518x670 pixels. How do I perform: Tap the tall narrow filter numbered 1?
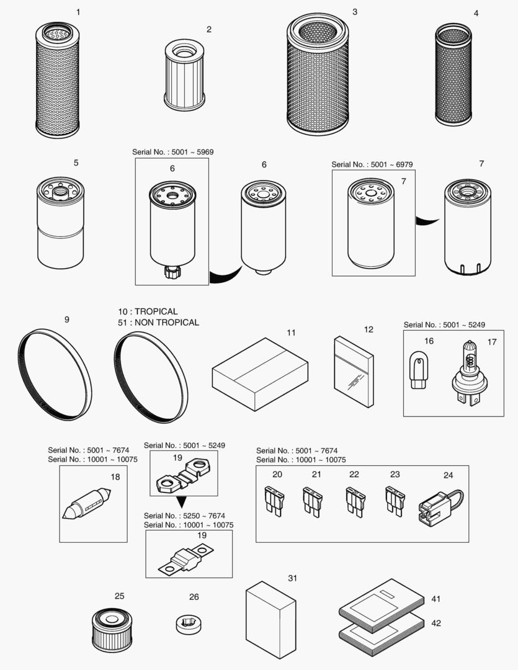(x=58, y=81)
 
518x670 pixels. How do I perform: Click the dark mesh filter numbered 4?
(x=453, y=75)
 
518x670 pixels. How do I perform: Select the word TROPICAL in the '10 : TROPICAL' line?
(x=156, y=311)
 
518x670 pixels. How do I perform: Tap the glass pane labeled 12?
(x=354, y=372)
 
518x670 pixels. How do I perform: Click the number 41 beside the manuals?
(x=435, y=599)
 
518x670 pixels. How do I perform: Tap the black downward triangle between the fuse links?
(x=181, y=502)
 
